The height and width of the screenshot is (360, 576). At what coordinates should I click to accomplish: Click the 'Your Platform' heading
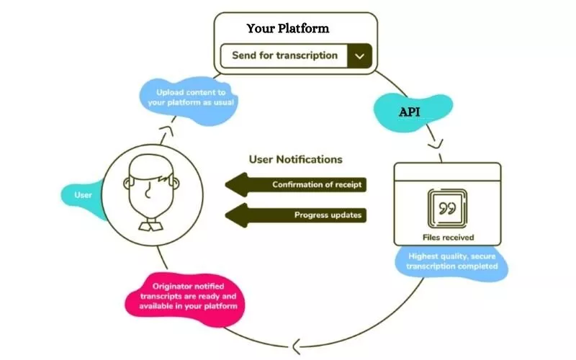pos(287,29)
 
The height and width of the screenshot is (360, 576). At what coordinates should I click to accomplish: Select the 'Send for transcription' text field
pos(284,55)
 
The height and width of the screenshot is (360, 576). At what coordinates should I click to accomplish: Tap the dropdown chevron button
pos(359,55)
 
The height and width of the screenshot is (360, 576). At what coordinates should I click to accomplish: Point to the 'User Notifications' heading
pos(295,159)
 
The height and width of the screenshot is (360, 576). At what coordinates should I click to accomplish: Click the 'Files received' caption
pos(448,237)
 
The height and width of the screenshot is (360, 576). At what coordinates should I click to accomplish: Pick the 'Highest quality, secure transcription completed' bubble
pos(451,261)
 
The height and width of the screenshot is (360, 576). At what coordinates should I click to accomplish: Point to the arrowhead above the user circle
pos(165,130)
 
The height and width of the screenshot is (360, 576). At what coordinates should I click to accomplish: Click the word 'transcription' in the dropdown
pos(310,55)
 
